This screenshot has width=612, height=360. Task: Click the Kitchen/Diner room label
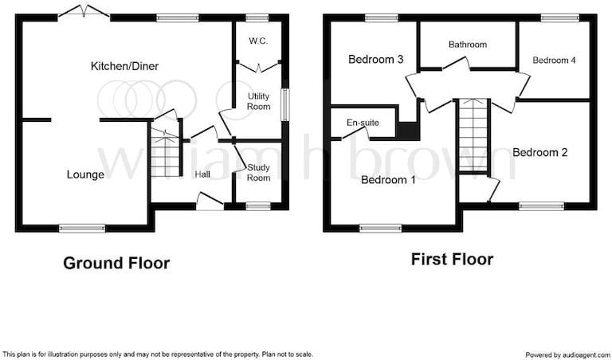tap(124, 66)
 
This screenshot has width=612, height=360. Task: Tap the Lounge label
tap(85, 174)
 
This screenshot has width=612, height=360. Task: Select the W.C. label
tap(258, 41)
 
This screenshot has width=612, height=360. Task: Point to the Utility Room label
tap(258, 101)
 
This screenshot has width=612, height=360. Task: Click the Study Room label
tap(258, 172)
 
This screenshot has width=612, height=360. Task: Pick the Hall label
tap(202, 174)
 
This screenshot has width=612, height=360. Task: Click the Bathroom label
tap(468, 45)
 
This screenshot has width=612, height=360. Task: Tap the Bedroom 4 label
tap(555, 60)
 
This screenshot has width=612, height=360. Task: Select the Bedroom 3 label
tap(376, 59)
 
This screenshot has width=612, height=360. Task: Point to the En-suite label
tap(363, 123)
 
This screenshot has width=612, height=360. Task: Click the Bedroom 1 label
tap(388, 180)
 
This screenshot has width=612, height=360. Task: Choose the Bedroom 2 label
tap(540, 152)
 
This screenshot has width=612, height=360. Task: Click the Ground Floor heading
tap(116, 264)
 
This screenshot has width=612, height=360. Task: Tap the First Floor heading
tap(452, 260)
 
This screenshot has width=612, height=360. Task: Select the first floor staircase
tap(473, 135)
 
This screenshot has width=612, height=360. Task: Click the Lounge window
tap(82, 228)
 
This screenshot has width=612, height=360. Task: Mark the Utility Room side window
tap(286, 104)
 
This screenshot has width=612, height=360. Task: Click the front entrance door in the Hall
tap(210, 202)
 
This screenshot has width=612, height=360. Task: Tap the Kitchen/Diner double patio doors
tap(84, 12)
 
